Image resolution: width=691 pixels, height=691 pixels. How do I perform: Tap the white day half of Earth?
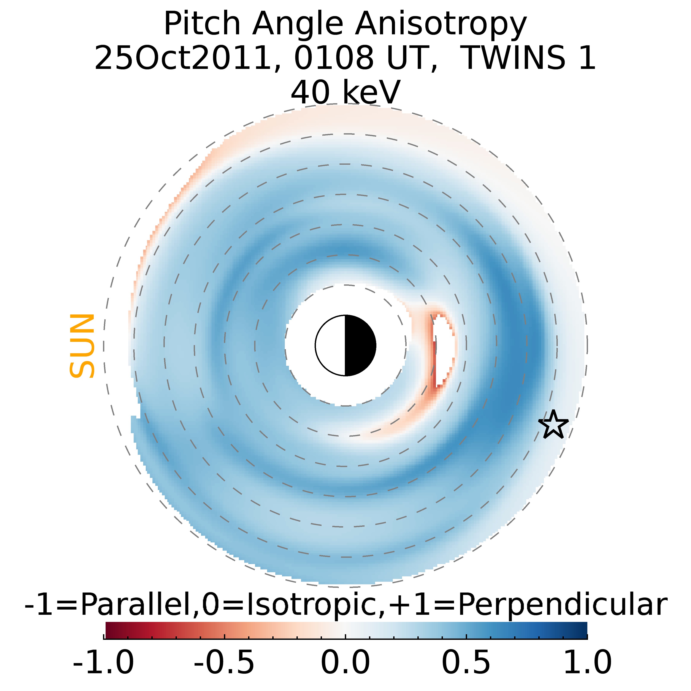coord(330,345)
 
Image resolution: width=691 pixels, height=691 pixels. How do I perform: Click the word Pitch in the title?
coord(202,24)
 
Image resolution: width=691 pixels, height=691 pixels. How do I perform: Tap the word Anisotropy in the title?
coord(441,24)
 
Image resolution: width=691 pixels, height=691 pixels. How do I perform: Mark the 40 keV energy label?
coord(345,92)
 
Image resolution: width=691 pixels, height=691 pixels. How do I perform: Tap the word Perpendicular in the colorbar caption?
coord(562,604)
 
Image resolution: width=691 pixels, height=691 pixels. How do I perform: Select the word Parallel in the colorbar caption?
coord(137,604)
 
